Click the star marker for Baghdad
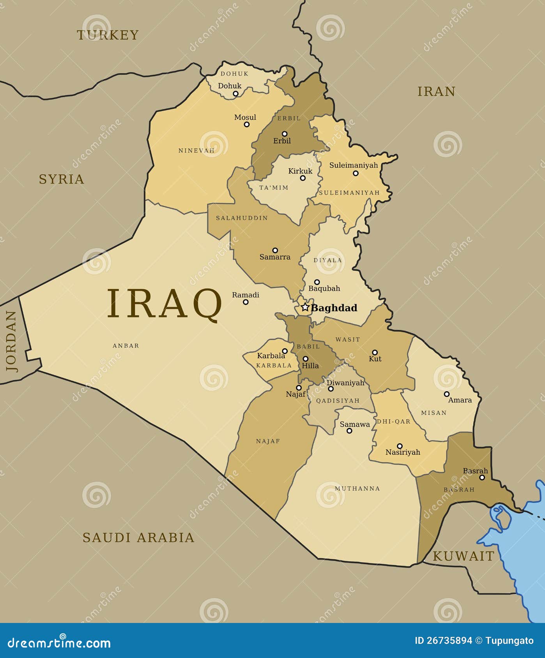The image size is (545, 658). click(x=305, y=307)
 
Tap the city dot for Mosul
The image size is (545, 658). click(x=246, y=125)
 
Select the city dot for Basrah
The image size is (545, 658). click(x=482, y=477)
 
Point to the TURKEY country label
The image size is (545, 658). click(x=108, y=35)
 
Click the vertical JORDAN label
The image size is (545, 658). click(x=11, y=341)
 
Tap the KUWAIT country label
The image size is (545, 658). click(x=463, y=556)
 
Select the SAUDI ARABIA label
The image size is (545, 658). click(x=138, y=538)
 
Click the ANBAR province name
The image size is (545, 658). click(x=126, y=346)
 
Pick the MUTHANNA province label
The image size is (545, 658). click(x=357, y=489)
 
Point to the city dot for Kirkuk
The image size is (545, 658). click(x=303, y=178)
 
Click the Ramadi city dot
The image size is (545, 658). click(x=246, y=302)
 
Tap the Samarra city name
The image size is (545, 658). click(x=275, y=257)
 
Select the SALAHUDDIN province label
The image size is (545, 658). click(x=242, y=218)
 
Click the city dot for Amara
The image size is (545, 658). click(x=447, y=394)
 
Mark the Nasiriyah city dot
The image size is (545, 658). click(x=400, y=446)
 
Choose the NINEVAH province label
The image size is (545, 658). click(x=196, y=151)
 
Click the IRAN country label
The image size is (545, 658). click(x=436, y=91)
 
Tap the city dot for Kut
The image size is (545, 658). click(x=375, y=352)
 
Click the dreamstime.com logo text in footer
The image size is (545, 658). click(x=59, y=643)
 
